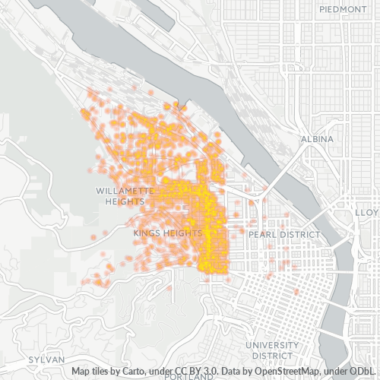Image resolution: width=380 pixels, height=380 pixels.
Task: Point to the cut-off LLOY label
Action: (368, 214)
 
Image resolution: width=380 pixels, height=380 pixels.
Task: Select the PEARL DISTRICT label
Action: (284, 235)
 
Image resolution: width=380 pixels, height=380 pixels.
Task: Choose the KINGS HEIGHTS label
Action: (167, 233)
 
